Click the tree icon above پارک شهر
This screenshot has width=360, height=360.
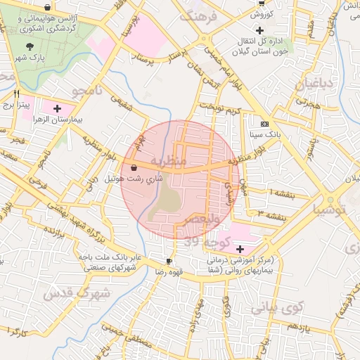point(28,46)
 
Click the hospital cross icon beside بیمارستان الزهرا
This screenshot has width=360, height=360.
point(57,109)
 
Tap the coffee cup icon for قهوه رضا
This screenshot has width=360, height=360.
point(169,261)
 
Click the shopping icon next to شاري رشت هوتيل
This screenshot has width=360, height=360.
point(134,167)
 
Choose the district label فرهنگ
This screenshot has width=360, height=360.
point(199,18)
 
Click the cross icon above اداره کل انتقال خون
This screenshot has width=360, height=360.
point(261,30)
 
